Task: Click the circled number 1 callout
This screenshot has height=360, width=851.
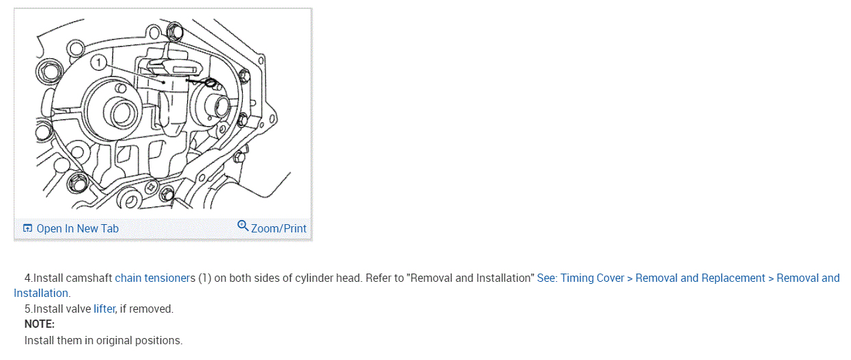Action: (100, 63)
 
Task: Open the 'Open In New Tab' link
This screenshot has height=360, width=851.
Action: (77, 228)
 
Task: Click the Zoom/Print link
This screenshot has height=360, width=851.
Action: (278, 228)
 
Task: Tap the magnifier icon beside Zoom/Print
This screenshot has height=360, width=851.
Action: (243, 226)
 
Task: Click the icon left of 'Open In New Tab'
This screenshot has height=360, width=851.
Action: (28, 228)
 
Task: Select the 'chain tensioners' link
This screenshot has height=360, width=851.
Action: (155, 278)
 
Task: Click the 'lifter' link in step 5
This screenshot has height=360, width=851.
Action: (104, 309)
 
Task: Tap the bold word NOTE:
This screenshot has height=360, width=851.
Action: (39, 324)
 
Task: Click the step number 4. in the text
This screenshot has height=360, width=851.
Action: (29, 278)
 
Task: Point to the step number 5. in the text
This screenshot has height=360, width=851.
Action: (29, 309)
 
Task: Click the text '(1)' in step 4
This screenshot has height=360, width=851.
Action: (205, 278)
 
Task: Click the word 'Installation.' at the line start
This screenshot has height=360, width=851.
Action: (42, 293)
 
